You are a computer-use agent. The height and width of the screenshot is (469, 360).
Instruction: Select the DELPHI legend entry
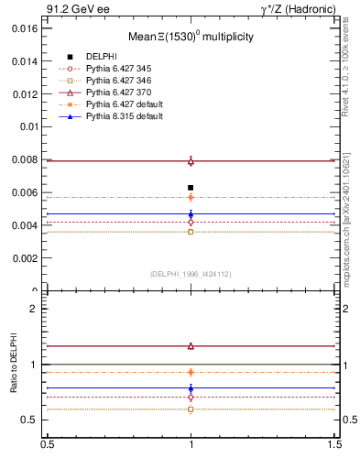(104, 56)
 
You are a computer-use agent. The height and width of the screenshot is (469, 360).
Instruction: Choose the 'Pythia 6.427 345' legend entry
(118, 69)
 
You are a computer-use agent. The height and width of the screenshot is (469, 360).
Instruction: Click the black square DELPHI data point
(191, 188)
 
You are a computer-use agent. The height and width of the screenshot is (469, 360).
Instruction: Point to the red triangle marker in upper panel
(191, 161)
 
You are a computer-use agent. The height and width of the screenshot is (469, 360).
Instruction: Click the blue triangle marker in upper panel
(191, 214)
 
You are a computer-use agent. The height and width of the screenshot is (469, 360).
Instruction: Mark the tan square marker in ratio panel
(191, 409)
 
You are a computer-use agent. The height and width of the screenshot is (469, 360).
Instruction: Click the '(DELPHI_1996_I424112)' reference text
(191, 274)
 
